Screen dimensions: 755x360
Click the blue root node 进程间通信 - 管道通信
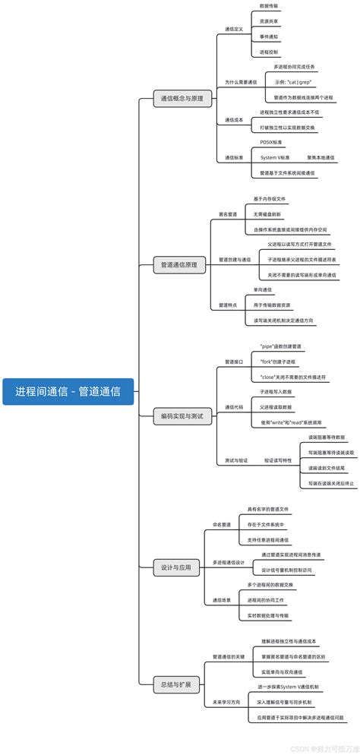click(68, 392)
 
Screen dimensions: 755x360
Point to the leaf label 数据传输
click(269, 5)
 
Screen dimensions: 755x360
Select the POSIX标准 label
click(271, 142)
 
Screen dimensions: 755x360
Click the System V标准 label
click(275, 157)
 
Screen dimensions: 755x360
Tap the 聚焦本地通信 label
click(321, 157)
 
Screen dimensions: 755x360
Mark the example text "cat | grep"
click(293, 81)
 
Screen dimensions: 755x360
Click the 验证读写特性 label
click(277, 460)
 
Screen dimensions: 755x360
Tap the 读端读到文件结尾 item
click(327, 468)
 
